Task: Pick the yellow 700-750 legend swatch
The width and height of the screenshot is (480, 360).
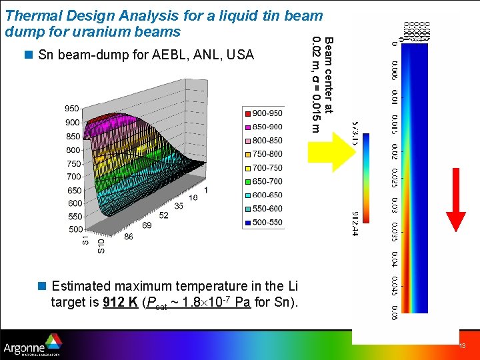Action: [247, 168]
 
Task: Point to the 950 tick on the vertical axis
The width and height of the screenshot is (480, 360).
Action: [72, 109]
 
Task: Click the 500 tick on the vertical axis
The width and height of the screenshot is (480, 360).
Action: [76, 229]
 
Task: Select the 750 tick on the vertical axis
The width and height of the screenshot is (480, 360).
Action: [74, 164]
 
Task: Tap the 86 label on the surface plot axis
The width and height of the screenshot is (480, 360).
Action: [128, 236]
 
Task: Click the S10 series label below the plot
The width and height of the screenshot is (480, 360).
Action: [101, 246]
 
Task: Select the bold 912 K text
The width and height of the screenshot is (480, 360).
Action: [121, 302]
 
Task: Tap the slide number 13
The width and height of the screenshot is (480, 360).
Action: [461, 347]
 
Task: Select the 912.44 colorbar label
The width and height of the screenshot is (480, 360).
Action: [355, 223]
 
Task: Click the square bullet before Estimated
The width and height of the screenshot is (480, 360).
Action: [41, 286]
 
